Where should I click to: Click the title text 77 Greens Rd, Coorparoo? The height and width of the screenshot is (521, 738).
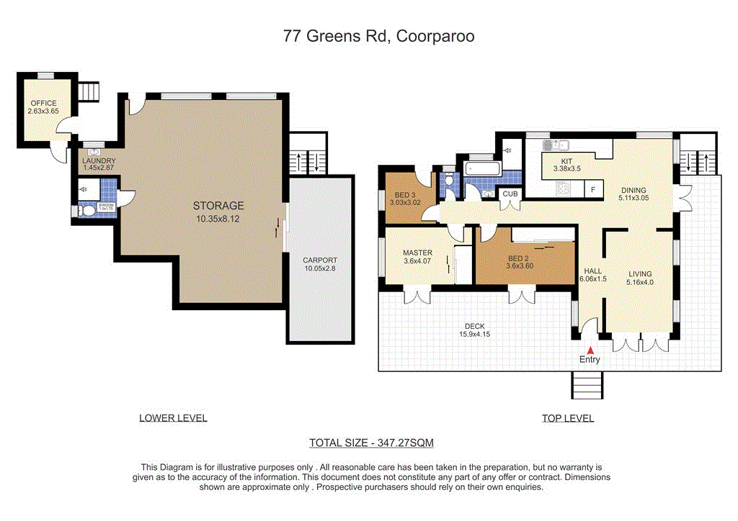tap(378, 37)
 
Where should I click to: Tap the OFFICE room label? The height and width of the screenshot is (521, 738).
tap(43, 104)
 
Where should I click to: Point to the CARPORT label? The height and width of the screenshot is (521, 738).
tap(319, 260)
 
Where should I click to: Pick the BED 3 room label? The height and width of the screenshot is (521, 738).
tap(405, 194)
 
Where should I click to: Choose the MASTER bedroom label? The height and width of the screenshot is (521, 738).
tap(417, 253)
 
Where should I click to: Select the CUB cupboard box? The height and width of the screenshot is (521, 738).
tap(511, 194)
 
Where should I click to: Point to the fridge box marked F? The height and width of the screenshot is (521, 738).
tap(593, 190)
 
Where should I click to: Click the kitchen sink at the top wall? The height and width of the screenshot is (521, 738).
tap(556, 144)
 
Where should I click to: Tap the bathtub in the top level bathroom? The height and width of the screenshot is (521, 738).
tap(482, 168)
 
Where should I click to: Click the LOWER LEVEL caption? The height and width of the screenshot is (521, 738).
tap(173, 418)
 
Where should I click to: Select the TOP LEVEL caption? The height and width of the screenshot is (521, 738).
tap(568, 418)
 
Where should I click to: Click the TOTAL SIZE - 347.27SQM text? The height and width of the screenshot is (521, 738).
tap(371, 443)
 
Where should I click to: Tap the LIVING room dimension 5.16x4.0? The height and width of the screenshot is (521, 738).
tap(640, 283)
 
